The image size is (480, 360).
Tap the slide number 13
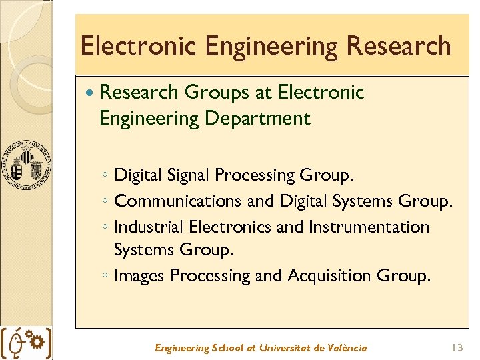(457, 347)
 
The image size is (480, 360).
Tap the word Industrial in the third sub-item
(149, 227)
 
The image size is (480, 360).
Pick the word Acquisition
(330, 275)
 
